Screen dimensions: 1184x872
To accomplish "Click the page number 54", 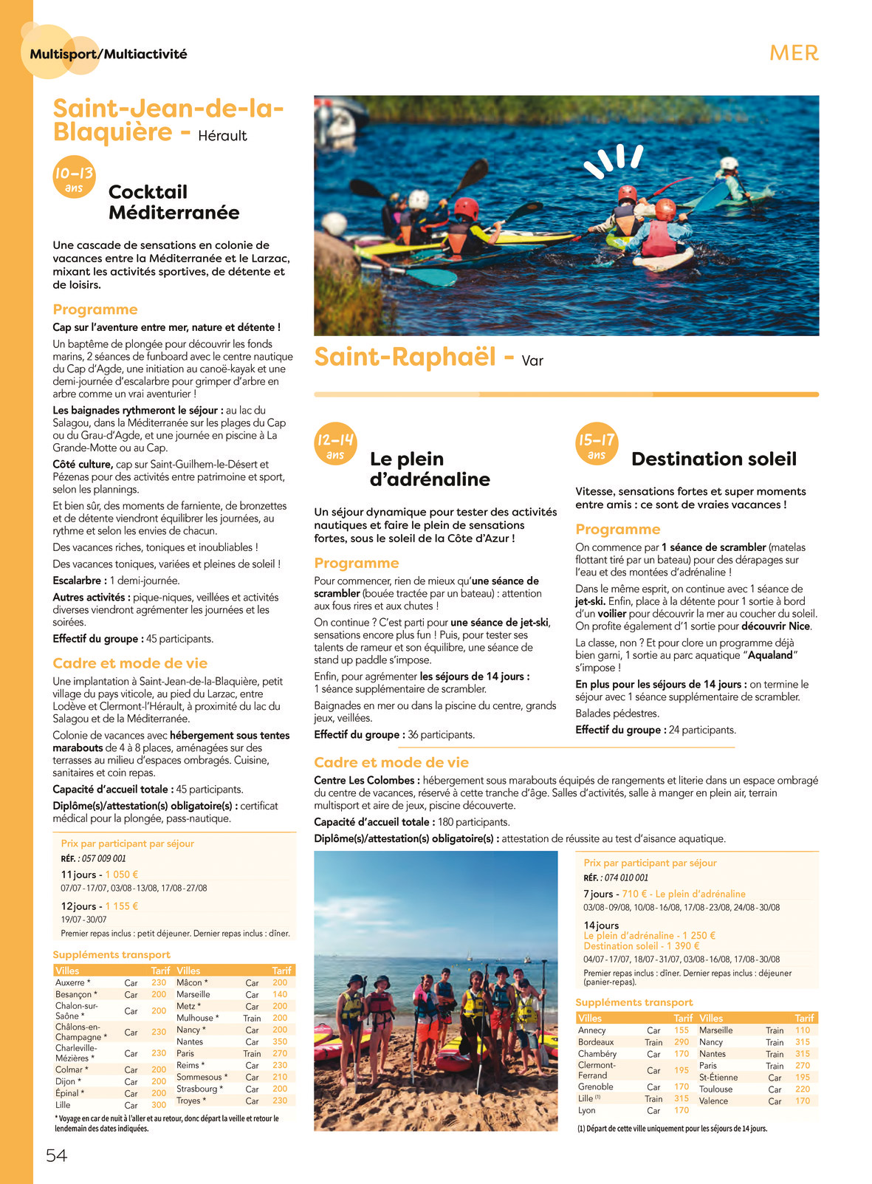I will pos(56,1155).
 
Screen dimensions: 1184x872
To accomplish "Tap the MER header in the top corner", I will pos(794,53).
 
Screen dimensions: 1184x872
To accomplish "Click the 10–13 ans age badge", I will pos(74,178).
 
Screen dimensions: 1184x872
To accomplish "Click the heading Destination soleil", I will pos(713,459).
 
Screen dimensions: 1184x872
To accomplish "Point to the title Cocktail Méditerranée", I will pos(174,202).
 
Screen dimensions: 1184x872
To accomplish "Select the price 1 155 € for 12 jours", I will pos(122,906).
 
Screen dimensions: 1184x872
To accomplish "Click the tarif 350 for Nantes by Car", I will pos(280,1041).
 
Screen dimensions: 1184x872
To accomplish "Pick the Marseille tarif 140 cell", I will pos(280,994).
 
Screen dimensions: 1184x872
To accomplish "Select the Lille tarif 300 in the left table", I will pos(159,1105).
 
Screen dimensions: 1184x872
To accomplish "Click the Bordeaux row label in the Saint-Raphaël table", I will pos(596,1042).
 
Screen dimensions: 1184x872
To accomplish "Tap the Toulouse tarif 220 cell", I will pos(803,1089).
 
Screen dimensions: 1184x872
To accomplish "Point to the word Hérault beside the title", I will pos(222,136).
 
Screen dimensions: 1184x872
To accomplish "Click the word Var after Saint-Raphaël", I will pos(532,361).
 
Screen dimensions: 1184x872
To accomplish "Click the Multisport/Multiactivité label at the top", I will pos(109,54).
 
